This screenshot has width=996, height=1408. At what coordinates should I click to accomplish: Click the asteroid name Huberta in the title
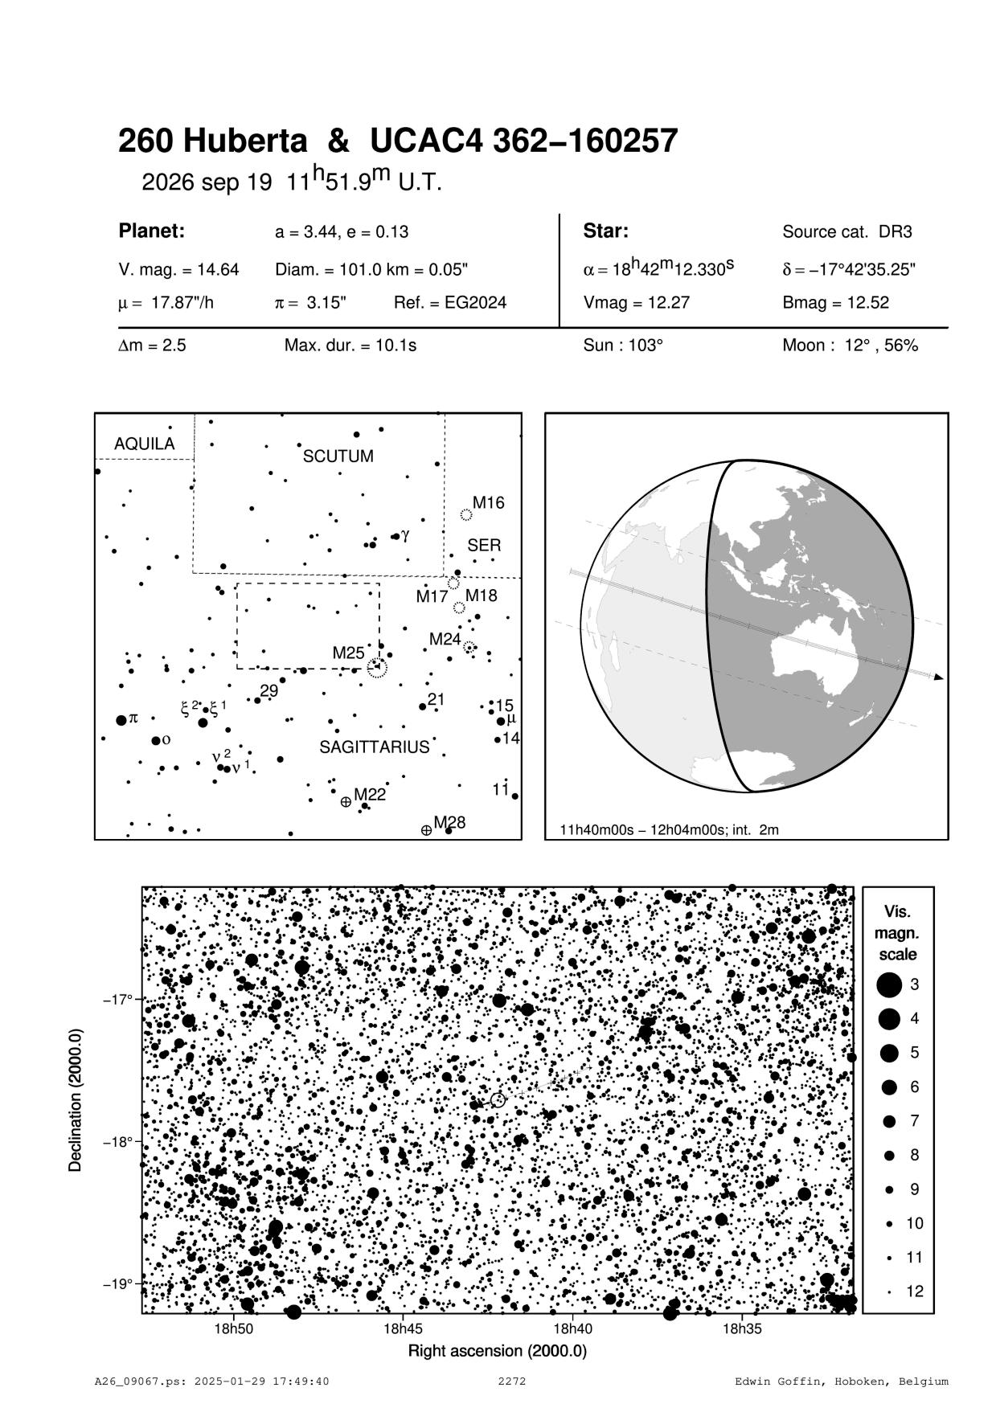click(246, 141)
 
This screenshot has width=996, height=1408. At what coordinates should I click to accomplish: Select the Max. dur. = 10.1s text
click(350, 346)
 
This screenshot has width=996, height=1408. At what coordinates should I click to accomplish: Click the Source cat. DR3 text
click(847, 232)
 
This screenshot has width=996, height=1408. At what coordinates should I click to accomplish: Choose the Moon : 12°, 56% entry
click(850, 346)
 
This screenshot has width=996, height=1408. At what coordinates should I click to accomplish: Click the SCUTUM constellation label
click(338, 456)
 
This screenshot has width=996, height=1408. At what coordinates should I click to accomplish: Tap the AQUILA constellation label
click(144, 444)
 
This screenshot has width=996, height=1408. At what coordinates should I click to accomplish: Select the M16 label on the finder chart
click(488, 503)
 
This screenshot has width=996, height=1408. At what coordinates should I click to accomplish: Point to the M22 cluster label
click(370, 795)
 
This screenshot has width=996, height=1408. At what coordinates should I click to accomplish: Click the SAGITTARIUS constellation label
click(375, 747)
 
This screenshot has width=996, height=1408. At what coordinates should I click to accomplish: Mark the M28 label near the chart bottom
click(449, 822)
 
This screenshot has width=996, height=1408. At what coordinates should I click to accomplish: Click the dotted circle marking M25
click(377, 667)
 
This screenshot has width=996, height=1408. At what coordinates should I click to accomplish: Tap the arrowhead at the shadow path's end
click(938, 677)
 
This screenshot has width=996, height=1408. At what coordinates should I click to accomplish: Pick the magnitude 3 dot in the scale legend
click(889, 984)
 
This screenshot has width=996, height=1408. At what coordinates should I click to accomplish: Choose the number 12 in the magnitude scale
click(915, 1291)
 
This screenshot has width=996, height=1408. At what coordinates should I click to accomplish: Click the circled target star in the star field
click(498, 1099)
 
